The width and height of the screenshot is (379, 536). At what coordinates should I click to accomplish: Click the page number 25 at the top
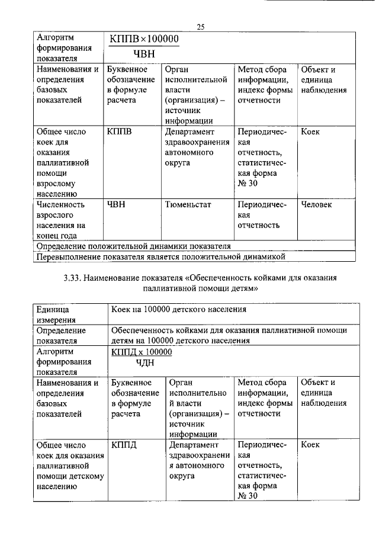click(200, 27)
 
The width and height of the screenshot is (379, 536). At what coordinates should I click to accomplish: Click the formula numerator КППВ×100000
click(143, 38)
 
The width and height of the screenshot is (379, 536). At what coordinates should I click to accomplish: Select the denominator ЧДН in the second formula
click(144, 362)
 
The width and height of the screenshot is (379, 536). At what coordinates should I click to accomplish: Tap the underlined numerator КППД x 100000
click(142, 352)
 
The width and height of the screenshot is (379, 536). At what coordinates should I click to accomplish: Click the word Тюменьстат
click(188, 204)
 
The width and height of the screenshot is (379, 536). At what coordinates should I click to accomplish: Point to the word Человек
click(316, 204)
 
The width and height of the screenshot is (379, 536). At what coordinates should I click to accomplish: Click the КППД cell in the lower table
click(124, 444)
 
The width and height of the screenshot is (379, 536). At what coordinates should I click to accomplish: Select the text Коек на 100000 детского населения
click(178, 309)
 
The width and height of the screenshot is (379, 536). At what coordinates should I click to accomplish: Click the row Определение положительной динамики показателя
click(133, 246)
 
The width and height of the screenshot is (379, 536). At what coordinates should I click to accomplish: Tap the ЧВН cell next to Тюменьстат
click(117, 204)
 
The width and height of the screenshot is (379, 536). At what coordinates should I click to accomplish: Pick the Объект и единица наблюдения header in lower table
click(323, 392)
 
